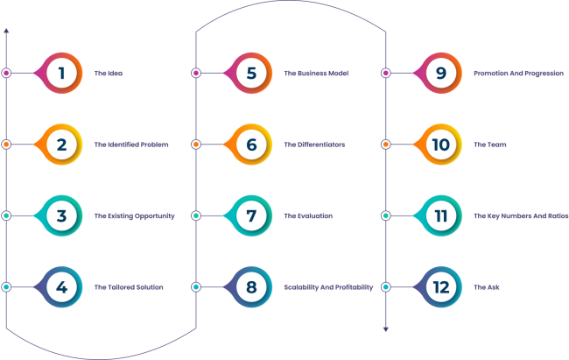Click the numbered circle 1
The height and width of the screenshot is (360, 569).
[x=61, y=73]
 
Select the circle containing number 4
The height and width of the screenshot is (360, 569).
[x=61, y=286]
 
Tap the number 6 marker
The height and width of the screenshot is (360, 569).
[x=251, y=144]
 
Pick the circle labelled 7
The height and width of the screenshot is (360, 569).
[x=251, y=215]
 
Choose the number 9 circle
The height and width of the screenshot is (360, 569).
[x=441, y=73]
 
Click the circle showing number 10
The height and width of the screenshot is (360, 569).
[x=441, y=144]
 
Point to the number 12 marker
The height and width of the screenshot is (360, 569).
[x=441, y=286]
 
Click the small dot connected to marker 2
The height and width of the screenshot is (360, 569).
[x=6, y=144]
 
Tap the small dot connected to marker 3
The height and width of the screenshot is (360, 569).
[x=6, y=215]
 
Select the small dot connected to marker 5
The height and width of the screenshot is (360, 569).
[x=195, y=73]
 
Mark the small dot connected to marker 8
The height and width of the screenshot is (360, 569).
[x=195, y=286]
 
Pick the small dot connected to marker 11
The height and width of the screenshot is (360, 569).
[x=385, y=215]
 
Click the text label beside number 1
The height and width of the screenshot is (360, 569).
[x=108, y=73]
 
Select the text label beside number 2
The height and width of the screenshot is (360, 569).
[x=130, y=144]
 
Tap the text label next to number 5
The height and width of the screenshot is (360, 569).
[x=316, y=73]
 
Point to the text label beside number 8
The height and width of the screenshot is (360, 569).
[x=328, y=286]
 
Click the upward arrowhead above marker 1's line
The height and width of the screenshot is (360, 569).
[x=6, y=31]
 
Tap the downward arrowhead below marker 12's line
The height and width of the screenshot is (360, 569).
[x=385, y=329]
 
